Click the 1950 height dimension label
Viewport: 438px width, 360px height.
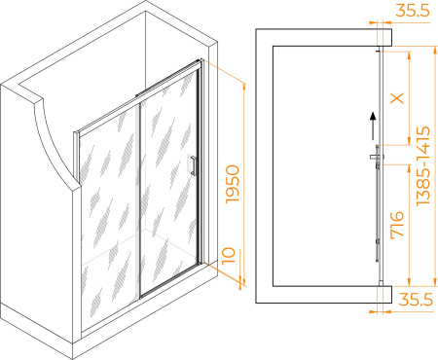click(233, 184)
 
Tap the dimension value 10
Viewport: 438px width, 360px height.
click(229, 256)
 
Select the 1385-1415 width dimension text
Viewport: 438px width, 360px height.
click(423, 165)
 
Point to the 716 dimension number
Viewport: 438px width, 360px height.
click(397, 226)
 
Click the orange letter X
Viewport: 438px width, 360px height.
click(397, 97)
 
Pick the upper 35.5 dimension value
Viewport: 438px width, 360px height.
click(413, 11)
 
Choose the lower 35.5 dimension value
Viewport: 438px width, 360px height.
click(416, 300)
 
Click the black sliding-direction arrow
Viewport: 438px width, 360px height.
click(374, 126)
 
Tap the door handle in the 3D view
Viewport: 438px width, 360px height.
click(193, 165)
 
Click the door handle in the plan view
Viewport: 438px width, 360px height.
click(377, 157)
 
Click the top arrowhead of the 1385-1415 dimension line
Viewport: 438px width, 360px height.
click(435, 50)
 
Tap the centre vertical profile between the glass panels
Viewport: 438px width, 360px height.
click(140, 199)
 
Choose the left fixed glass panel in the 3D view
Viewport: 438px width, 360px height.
click(110, 214)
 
